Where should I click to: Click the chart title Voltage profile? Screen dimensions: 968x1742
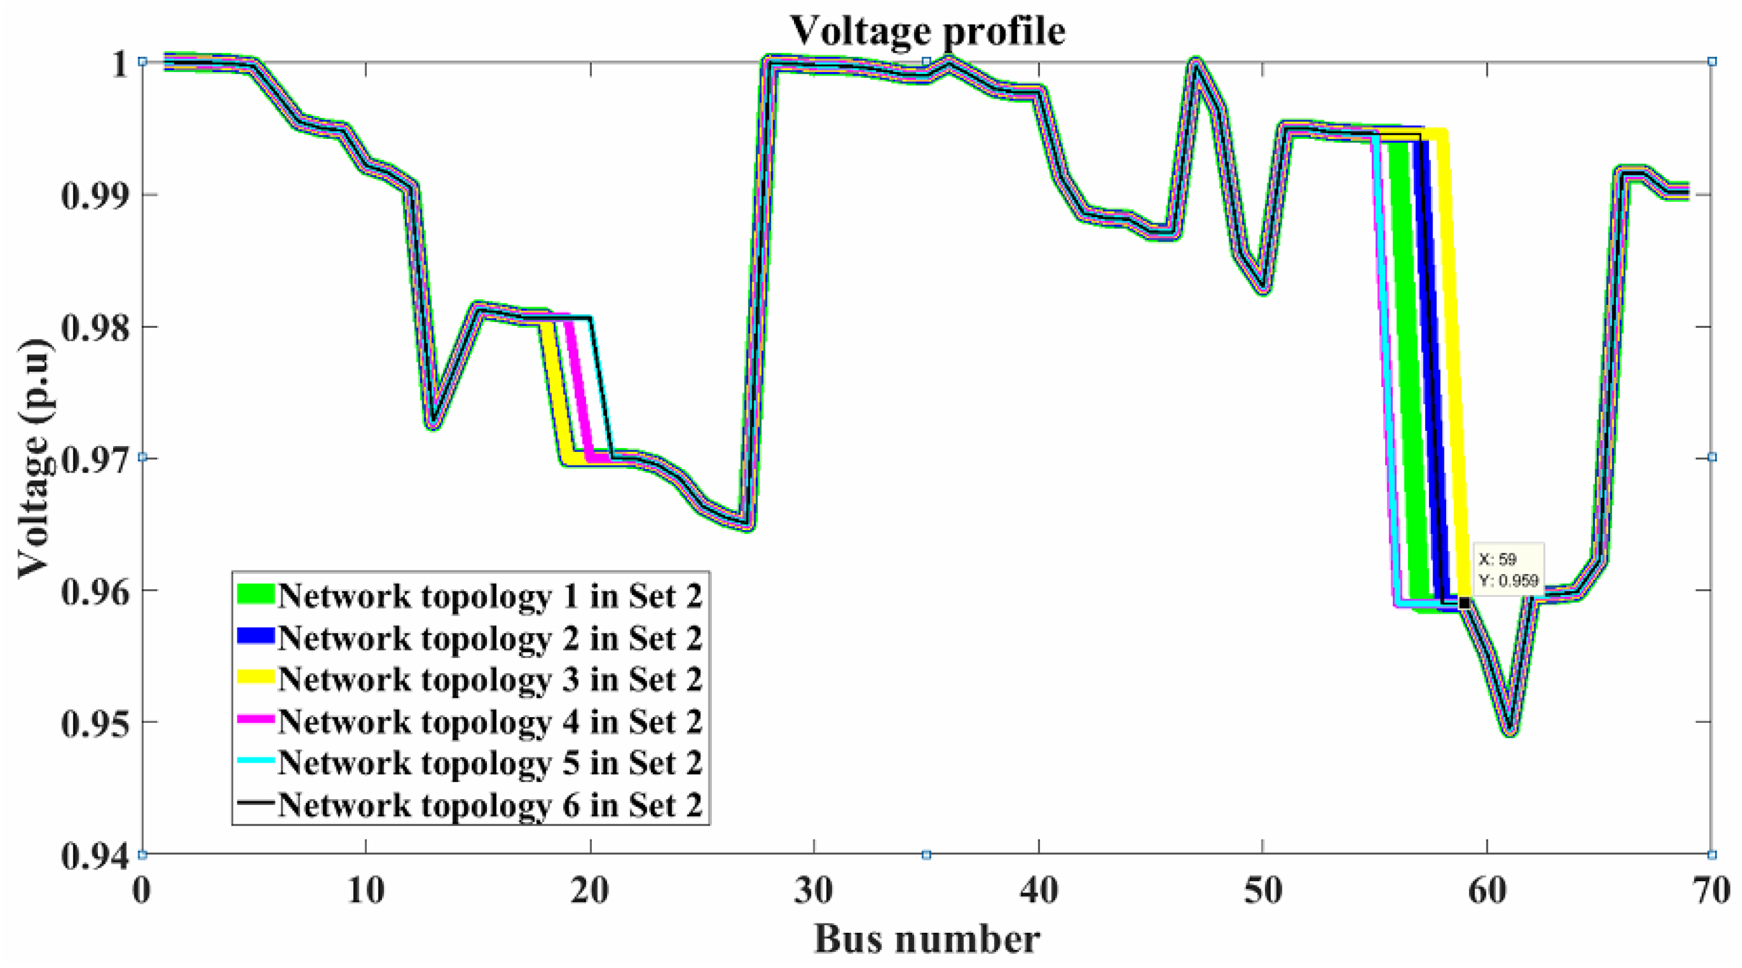pyautogui.click(x=927, y=30)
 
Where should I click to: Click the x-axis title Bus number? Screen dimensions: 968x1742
pyautogui.click(x=926, y=939)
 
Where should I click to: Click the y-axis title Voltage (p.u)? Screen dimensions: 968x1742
pyautogui.click(x=34, y=458)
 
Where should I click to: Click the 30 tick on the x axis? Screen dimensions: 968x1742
pyautogui.click(x=813, y=891)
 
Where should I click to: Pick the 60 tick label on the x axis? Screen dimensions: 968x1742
pyautogui.click(x=1487, y=891)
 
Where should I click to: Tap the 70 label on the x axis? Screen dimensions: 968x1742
pyautogui.click(x=1712, y=891)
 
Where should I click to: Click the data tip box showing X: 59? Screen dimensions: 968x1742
pyautogui.click(x=1508, y=569)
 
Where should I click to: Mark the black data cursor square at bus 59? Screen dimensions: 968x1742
pyautogui.click(x=1464, y=602)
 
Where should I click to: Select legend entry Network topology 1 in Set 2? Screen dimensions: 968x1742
pyautogui.click(x=490, y=596)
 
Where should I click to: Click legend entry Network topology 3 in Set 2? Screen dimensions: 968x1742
pyautogui.click(x=490, y=679)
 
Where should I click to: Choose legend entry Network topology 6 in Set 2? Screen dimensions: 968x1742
pyautogui.click(x=490, y=805)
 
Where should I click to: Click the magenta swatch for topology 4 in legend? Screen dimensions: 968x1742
pyautogui.click(x=255, y=720)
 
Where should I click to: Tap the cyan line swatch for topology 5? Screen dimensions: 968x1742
pyautogui.click(x=255, y=761)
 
